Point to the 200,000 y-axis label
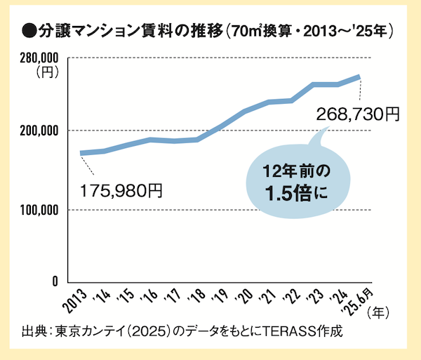[x=35, y=131]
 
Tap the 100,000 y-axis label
[x=35, y=210]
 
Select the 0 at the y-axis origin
[x=53, y=281]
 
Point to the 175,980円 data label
[x=121, y=190]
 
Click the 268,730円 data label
[x=357, y=113]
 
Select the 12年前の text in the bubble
[x=296, y=171]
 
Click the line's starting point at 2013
[x=81, y=153]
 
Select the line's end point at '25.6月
[x=360, y=76]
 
